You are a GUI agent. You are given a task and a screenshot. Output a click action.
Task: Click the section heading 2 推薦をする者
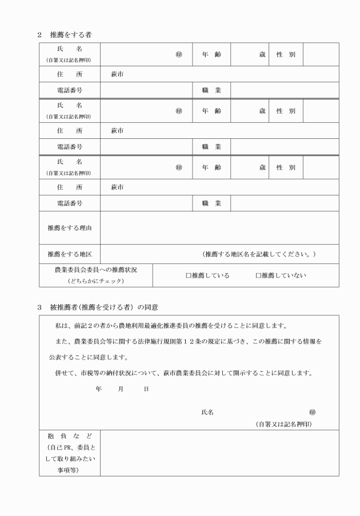(64, 35)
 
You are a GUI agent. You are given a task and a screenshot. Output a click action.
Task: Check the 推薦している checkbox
(189, 275)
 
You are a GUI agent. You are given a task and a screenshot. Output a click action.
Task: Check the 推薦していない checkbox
(258, 275)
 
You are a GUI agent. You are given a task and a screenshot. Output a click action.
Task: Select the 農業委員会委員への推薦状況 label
(95, 269)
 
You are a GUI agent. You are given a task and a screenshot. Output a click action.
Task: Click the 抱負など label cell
(70, 453)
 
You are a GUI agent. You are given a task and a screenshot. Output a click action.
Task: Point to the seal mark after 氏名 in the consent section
(312, 412)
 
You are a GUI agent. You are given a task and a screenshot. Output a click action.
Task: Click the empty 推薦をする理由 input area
(219, 227)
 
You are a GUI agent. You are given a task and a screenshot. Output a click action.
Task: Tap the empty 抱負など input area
(219, 453)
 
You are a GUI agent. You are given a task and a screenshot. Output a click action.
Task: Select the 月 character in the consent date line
(121, 389)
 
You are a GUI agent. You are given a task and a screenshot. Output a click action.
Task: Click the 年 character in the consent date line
(99, 389)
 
